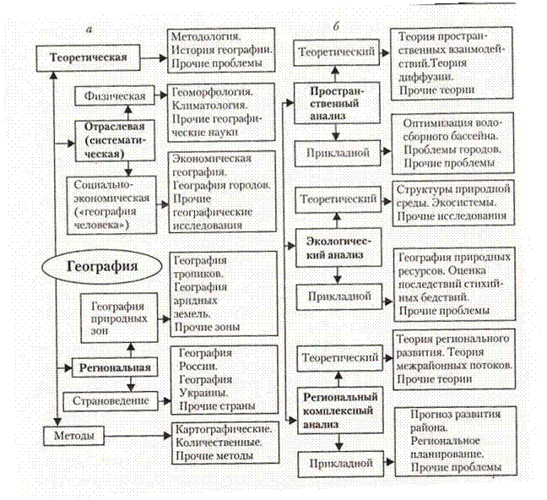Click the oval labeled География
click(102, 268)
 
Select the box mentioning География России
click(224, 378)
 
